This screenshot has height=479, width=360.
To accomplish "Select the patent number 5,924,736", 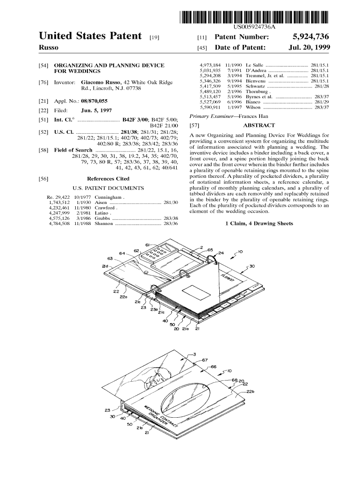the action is pos(310,37).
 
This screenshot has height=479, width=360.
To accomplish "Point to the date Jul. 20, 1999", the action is pos(309,47).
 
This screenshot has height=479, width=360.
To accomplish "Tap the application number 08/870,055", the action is pos(94,101).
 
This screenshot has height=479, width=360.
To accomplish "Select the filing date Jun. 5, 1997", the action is pos(96,110).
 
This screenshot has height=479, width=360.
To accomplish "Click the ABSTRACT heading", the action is pos(259,125).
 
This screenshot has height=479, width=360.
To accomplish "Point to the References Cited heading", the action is pos(108,179).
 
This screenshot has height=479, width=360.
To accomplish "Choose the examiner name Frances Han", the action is pos(253,116).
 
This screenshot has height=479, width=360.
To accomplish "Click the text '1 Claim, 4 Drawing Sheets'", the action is pos(259,223).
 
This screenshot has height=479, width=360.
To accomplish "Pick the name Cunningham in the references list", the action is pos(108,197).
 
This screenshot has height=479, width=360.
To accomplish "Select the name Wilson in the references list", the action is pos(253,107).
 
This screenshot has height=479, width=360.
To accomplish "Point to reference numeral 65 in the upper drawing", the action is pos(210,250).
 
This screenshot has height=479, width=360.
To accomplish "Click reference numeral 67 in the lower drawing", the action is pos(205,360).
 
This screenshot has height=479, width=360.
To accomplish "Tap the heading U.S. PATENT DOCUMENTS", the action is pos(108,188).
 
